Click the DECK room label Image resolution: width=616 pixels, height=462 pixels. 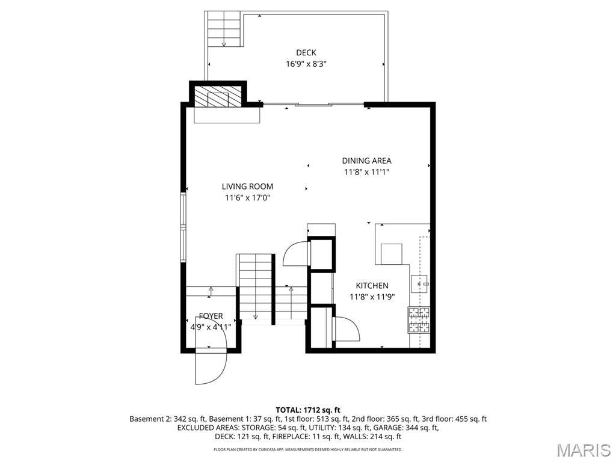[306, 53]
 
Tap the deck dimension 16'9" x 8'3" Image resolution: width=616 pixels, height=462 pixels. [306, 64]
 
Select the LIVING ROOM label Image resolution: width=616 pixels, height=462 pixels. [247, 186]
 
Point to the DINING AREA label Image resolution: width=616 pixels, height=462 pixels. [366, 161]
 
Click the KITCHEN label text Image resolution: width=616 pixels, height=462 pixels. [372, 286]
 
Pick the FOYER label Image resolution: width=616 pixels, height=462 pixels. [211, 316]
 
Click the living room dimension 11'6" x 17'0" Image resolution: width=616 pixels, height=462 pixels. [247, 197]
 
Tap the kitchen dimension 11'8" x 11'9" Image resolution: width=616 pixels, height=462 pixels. [372, 297]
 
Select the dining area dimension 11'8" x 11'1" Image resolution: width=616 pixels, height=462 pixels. [366, 171]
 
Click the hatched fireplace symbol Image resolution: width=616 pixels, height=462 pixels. [218, 97]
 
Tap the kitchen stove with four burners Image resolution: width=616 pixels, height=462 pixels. [419, 319]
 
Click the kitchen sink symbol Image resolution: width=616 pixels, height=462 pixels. [419, 284]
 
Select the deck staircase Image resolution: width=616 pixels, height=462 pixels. [224, 29]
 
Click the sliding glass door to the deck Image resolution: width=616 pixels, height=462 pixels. [313, 105]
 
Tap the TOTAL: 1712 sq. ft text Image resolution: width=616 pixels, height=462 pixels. [307, 410]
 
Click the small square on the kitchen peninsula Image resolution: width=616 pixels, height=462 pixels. [391, 254]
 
